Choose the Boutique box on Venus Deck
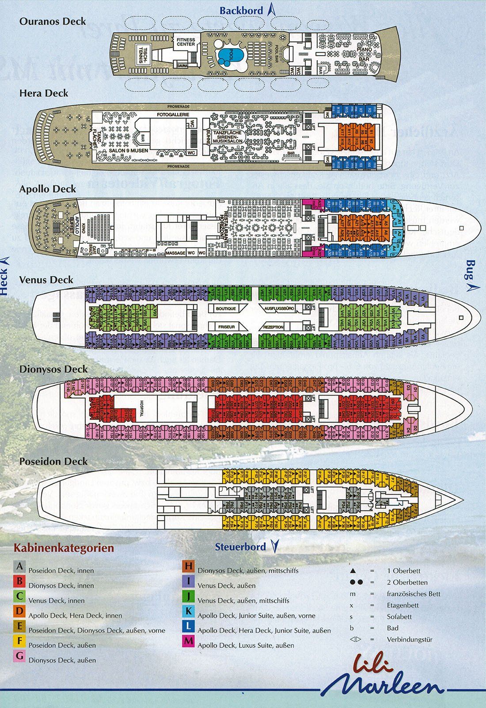pos(226,308)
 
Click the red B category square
pos(19,581)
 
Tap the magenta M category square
pos(189,641)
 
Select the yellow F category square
pos(19,641)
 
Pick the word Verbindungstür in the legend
pos(409,639)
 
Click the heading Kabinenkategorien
pos(64,548)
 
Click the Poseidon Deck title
pos(53,461)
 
